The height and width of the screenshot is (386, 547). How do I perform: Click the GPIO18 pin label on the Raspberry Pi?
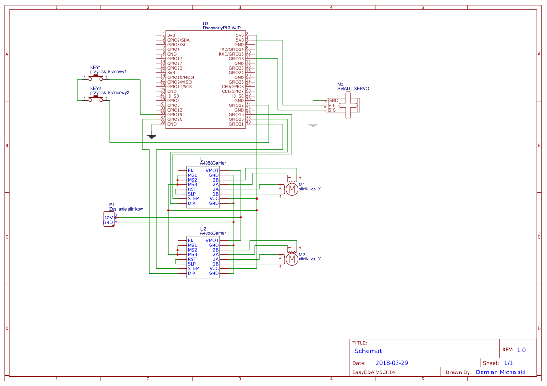236,59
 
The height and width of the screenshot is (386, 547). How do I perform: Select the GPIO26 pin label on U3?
175,119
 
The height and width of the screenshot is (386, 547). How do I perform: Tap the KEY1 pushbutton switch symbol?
96,77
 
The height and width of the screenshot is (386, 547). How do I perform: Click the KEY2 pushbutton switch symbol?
96,99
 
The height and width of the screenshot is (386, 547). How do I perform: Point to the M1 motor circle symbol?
291,189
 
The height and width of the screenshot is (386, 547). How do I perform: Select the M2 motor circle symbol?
291,259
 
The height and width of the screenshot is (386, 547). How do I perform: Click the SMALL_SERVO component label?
353,88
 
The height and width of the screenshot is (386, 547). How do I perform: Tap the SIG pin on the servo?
332,110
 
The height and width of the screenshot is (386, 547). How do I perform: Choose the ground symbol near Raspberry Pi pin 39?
151,136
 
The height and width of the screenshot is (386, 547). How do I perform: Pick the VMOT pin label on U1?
212,171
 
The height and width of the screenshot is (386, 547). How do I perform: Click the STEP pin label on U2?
193,269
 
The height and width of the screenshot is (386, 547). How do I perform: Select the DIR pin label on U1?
192,204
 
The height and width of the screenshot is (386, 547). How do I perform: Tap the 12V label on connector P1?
108,218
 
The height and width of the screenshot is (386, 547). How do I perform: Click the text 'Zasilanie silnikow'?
126,209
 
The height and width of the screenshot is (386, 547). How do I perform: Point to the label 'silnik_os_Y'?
310,259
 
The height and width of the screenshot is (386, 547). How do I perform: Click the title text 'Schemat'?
368,351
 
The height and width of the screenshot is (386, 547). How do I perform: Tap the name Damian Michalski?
500,372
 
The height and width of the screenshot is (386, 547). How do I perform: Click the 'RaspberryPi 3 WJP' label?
221,28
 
